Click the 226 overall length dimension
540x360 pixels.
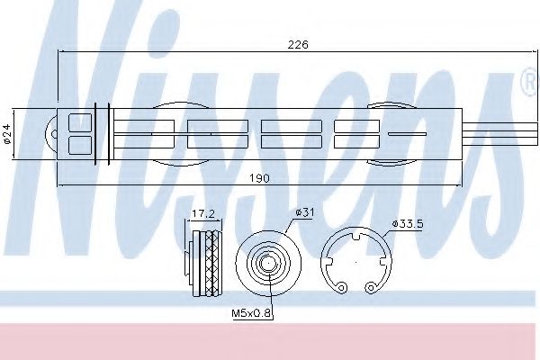pyautogui.click(x=298, y=44)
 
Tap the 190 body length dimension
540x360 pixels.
pyautogui.click(x=259, y=178)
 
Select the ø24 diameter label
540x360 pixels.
pyautogui.click(x=7, y=134)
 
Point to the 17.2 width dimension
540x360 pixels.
pyautogui.click(x=203, y=213)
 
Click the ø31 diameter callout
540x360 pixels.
pyautogui.click(x=304, y=212)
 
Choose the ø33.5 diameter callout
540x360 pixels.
pyautogui.click(x=408, y=224)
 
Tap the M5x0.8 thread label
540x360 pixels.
pyautogui.click(x=252, y=313)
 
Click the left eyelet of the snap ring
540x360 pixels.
pyautogui.click(x=341, y=288)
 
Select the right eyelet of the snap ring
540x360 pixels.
pyautogui.click(x=370, y=287)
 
